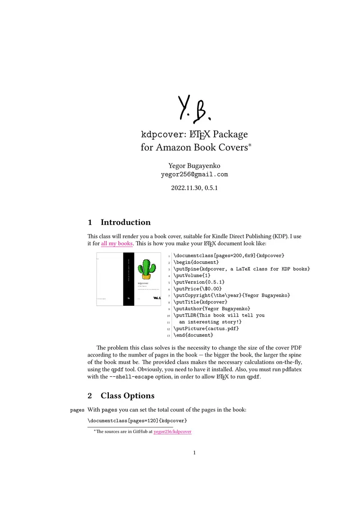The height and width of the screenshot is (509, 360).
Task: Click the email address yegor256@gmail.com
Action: (x=194, y=174)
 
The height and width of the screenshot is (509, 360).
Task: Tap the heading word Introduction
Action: (x=126, y=222)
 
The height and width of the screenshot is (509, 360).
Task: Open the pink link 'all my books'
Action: (x=117, y=244)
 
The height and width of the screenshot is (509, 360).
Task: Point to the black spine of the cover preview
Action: (x=129, y=279)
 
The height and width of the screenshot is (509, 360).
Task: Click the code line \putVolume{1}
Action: (x=192, y=275)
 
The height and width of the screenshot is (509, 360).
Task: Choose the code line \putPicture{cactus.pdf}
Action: (x=206, y=328)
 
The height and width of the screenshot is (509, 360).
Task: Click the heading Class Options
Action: (x=127, y=396)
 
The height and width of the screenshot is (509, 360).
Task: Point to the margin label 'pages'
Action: (x=77, y=410)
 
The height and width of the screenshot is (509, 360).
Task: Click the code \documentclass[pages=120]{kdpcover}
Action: (x=137, y=420)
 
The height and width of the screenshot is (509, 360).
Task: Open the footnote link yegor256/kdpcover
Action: (x=172, y=432)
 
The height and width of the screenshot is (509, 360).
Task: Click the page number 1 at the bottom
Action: (x=194, y=453)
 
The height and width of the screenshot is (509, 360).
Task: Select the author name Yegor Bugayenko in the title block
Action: (x=194, y=165)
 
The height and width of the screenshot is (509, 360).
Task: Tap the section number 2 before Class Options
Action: (x=90, y=396)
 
